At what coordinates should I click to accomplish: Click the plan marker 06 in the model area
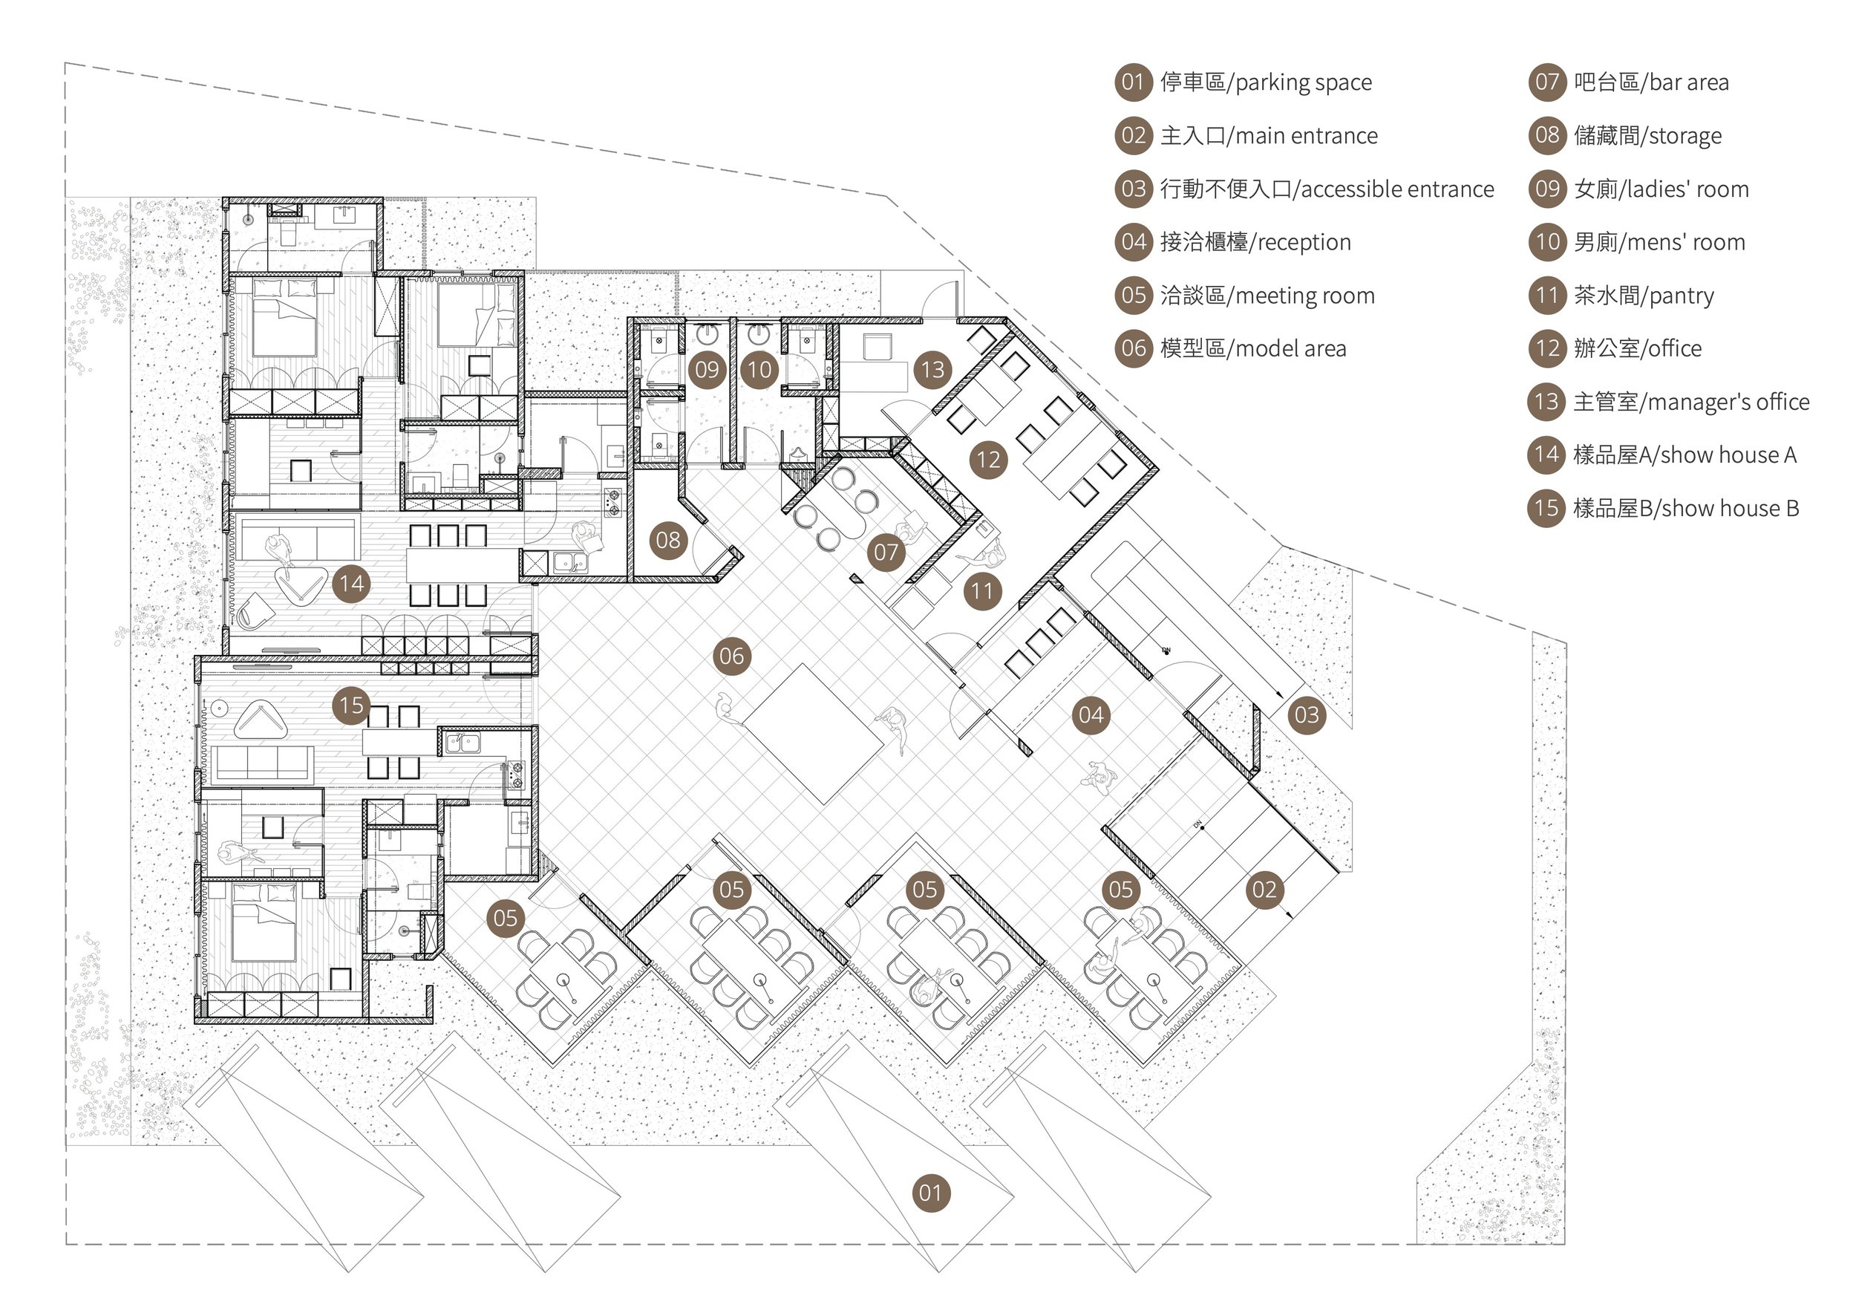point(731,656)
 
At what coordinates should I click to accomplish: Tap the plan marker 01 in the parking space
point(929,1193)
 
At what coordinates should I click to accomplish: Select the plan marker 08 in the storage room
point(668,540)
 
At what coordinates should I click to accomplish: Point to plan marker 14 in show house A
point(352,583)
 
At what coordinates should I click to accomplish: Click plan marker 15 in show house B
point(352,705)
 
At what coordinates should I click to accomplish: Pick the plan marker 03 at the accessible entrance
point(1307,714)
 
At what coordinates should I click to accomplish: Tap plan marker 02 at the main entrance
point(1264,890)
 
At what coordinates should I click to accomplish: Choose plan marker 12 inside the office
point(988,460)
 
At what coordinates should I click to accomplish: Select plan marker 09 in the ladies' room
point(707,371)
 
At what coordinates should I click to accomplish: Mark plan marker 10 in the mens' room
point(759,371)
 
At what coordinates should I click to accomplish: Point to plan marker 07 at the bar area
point(886,553)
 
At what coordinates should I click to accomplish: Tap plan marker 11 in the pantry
point(982,591)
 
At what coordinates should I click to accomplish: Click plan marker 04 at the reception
point(1091,714)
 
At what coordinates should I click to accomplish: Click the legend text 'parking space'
point(1303,82)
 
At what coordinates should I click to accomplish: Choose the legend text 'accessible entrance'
point(1397,189)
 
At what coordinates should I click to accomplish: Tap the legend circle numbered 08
point(1546,135)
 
